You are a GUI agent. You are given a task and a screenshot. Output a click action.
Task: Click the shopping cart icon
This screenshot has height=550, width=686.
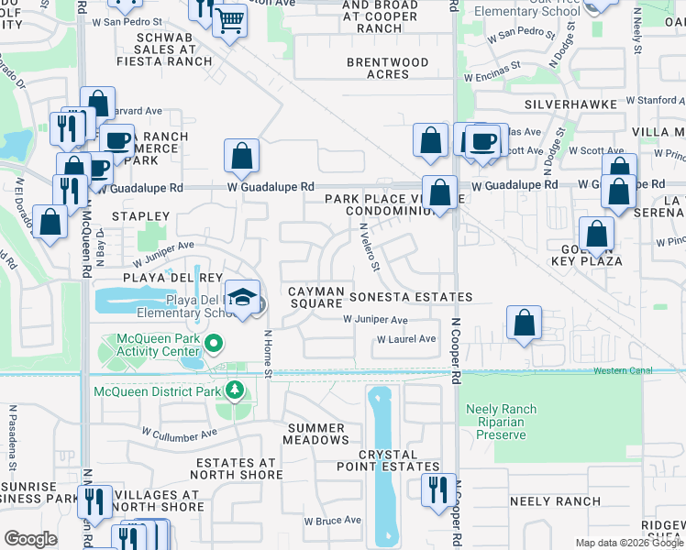(229, 18)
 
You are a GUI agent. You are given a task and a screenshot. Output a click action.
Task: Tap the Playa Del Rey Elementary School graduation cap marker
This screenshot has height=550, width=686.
(242, 297)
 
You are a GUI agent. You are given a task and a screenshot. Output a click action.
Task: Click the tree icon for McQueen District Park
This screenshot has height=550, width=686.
(235, 391)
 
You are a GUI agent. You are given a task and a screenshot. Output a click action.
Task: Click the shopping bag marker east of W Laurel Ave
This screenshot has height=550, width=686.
(524, 323)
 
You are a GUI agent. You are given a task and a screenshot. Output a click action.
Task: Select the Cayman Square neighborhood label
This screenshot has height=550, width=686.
(316, 298)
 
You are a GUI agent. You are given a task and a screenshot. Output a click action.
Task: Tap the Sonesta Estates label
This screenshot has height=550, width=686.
(410, 297)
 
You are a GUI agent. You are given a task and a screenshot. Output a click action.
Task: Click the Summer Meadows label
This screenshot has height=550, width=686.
(316, 434)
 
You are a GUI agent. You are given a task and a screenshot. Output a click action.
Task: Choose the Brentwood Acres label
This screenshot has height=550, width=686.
(388, 68)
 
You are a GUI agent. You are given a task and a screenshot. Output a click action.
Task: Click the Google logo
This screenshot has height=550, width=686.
(30, 539)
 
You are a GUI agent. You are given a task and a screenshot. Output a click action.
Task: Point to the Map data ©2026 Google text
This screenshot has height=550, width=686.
(629, 543)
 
